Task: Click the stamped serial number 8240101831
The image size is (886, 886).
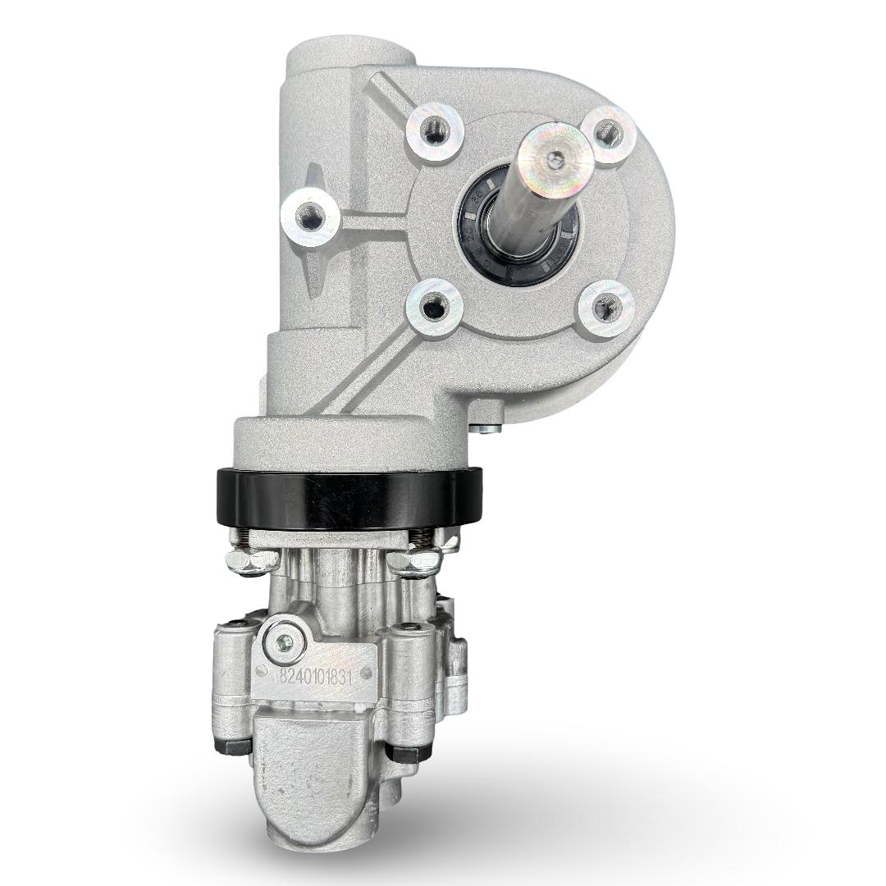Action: (x=316, y=677)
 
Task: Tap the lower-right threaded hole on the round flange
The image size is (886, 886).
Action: (x=605, y=308)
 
